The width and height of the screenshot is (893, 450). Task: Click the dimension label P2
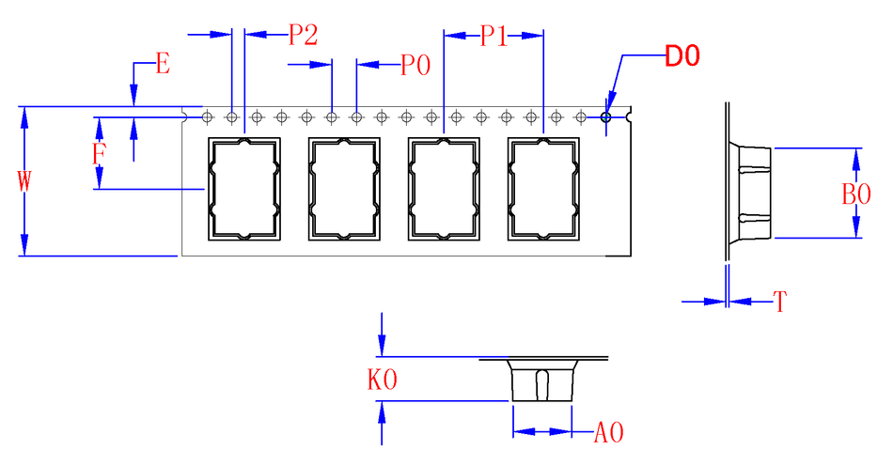303,35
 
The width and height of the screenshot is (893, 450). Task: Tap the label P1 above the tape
494,37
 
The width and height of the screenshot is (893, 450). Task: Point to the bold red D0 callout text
682,56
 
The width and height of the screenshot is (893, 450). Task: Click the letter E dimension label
162,65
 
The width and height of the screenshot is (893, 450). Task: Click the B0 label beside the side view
856,194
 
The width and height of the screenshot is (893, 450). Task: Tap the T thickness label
779,302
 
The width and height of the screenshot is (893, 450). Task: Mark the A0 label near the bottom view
609,433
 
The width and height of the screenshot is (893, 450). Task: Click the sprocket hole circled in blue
606,117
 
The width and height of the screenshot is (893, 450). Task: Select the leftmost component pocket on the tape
244,189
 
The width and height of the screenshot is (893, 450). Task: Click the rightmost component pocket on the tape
542,189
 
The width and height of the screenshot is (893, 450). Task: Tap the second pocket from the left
344,189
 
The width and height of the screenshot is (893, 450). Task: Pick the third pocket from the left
444,189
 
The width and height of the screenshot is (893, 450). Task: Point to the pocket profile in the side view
751,194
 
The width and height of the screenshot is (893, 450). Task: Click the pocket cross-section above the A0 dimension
541,380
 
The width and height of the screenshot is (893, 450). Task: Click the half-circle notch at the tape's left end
184,117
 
